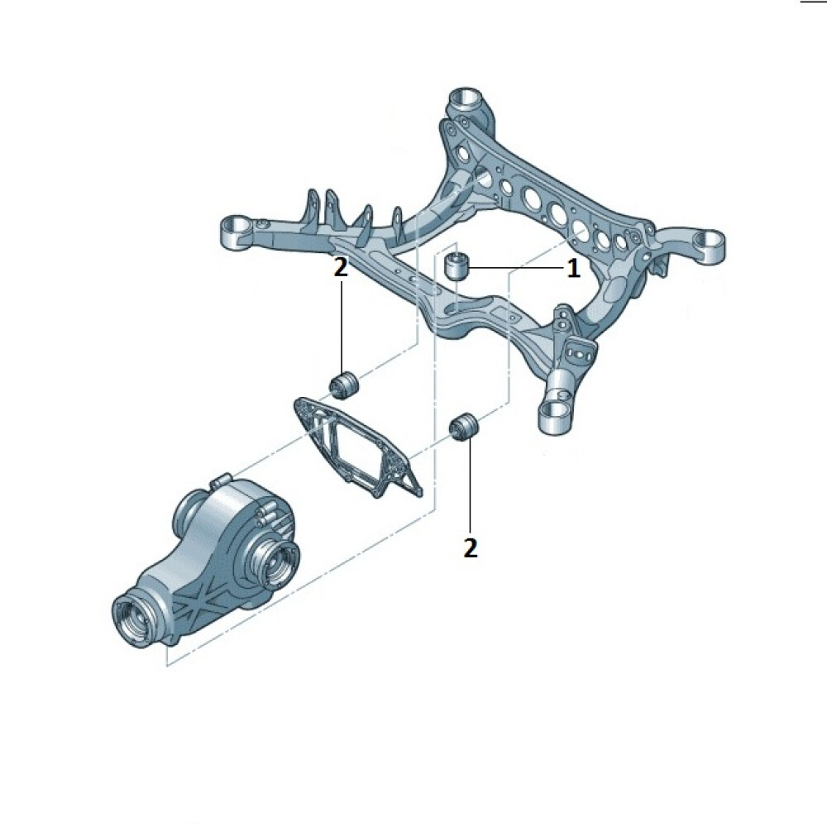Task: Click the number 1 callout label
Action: click(x=573, y=269)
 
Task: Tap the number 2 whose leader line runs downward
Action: click(x=341, y=268)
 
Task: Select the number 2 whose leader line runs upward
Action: click(x=470, y=548)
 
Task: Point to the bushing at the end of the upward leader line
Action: click(x=464, y=427)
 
